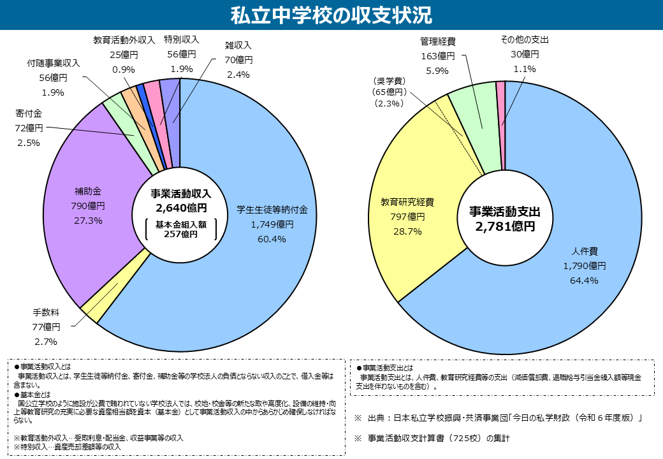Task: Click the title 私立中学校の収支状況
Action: coord(331,14)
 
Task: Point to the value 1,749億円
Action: coord(272,224)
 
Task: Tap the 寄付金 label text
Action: coord(28,113)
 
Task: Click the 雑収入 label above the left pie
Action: coord(239,46)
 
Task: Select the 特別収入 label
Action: coord(181,40)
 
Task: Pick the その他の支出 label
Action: coord(525,40)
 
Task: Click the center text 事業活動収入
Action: coord(180,193)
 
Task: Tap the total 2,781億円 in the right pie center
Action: coord(504,226)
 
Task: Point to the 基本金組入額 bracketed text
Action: coord(180,224)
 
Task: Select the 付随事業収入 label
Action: coord(54,64)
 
